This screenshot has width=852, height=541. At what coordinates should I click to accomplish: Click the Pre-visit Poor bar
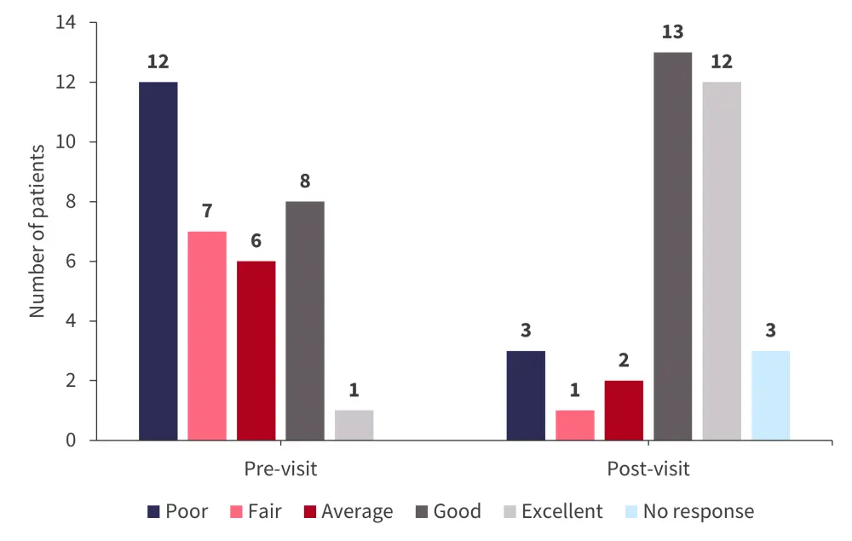click(158, 261)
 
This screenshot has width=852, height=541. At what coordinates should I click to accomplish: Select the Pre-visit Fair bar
click(207, 336)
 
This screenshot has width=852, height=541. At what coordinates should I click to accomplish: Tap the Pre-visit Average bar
click(256, 350)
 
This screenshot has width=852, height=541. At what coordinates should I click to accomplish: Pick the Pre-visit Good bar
click(305, 320)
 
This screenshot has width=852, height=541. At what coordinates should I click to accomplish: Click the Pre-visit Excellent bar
click(354, 425)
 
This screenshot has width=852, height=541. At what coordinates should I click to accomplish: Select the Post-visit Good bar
click(673, 246)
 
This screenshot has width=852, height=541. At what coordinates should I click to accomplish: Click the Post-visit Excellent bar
click(722, 261)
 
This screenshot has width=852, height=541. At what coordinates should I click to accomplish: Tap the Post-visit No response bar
click(770, 395)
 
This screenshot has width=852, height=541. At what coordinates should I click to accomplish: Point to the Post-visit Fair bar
click(575, 425)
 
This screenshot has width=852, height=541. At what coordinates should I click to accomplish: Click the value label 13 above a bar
click(673, 32)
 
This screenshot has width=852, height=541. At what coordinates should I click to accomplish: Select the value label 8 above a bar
click(305, 181)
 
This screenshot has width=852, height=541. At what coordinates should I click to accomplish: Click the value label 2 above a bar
click(625, 360)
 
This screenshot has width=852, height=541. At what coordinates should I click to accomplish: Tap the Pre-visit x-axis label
click(280, 469)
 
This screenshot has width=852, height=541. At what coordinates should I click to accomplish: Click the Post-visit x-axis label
click(648, 469)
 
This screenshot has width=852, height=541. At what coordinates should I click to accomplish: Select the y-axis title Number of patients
click(37, 231)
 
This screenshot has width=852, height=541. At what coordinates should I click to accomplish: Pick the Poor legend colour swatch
click(153, 511)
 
